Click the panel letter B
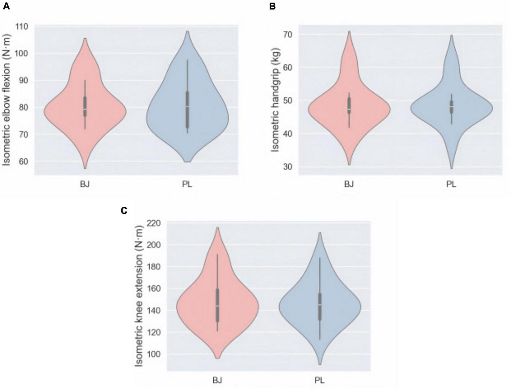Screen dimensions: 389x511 [272, 6]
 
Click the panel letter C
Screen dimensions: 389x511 [124, 211]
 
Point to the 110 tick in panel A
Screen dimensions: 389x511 [22, 27]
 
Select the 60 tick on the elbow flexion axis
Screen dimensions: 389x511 [23, 161]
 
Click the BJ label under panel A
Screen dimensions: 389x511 [85, 184]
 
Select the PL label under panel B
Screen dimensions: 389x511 [451, 184]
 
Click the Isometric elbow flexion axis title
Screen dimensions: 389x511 [6, 100]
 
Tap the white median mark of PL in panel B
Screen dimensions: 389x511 [451, 107]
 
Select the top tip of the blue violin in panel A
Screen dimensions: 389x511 [187, 31]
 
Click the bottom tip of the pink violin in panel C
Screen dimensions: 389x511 [217, 358]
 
